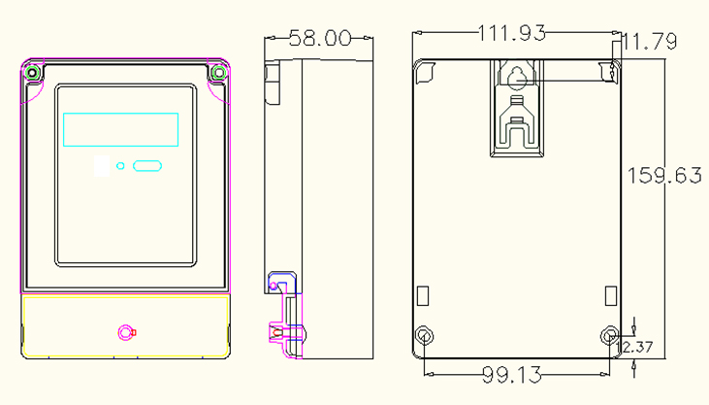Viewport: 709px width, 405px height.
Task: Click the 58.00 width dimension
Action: (320, 38)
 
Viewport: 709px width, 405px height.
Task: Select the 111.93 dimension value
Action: (512, 33)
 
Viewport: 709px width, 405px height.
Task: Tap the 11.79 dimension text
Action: (650, 41)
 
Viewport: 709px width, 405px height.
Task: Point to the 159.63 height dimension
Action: (664, 176)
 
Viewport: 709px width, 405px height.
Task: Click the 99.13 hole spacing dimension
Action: (512, 375)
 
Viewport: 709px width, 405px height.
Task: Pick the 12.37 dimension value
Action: (635, 347)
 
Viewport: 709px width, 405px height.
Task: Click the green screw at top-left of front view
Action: (32, 73)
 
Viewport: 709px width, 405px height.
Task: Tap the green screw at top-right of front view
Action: (219, 73)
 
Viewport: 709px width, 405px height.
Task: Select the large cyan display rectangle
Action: (120, 129)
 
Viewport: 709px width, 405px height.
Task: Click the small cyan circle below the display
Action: (120, 166)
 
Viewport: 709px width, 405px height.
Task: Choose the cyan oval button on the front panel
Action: (147, 166)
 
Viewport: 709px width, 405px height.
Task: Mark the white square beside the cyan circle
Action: (102, 166)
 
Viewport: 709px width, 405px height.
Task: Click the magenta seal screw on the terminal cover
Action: (126, 333)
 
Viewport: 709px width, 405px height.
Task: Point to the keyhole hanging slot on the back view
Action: (517, 79)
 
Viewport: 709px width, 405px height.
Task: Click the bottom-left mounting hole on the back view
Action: (424, 336)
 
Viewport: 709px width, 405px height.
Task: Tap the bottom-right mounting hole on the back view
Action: (610, 336)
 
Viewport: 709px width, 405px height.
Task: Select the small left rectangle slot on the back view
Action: (423, 296)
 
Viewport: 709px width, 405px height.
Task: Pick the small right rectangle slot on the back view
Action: (611, 296)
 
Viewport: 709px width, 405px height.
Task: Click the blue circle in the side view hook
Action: (274, 286)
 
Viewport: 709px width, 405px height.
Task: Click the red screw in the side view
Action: (277, 333)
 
